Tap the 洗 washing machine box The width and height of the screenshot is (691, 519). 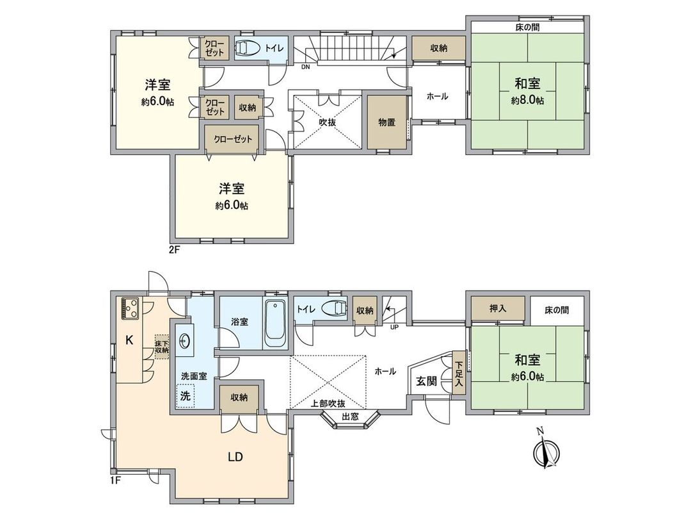tap(185, 395)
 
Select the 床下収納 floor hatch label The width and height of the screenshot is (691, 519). tap(161, 345)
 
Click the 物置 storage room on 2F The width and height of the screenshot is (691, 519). tap(386, 122)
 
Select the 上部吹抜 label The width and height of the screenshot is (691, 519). tap(328, 404)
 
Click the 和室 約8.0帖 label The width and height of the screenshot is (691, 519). tap(527, 90)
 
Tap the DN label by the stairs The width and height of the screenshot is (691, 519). tap(306, 66)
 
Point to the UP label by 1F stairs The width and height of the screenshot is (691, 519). tap(394, 327)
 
